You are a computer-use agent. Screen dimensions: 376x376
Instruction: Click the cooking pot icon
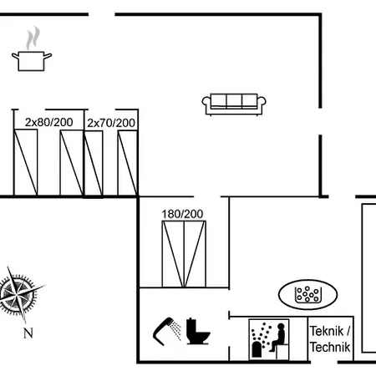(32, 61)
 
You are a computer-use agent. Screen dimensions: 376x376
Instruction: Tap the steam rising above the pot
(33, 38)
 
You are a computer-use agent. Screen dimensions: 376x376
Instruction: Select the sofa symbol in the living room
(234, 104)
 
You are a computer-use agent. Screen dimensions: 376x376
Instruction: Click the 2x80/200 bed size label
(49, 122)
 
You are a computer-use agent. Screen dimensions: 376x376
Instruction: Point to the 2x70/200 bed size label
(111, 123)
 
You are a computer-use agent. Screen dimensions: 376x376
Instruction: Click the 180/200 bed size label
(182, 214)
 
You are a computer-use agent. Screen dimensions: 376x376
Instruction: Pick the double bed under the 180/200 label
(184, 254)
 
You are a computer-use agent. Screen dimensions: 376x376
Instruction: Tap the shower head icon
(167, 331)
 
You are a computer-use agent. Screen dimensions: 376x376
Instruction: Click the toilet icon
(198, 331)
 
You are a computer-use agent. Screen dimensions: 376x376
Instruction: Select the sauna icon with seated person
(269, 339)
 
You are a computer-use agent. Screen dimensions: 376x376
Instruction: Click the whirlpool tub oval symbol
(307, 295)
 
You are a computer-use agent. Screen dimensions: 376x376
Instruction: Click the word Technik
(330, 347)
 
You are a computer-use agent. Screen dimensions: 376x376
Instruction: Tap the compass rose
(19, 295)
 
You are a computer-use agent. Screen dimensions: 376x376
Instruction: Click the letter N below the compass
(28, 333)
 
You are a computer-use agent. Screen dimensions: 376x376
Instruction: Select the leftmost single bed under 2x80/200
(25, 162)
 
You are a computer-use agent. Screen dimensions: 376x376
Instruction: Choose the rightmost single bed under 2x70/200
(128, 163)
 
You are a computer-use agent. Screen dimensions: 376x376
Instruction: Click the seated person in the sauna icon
(277, 337)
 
